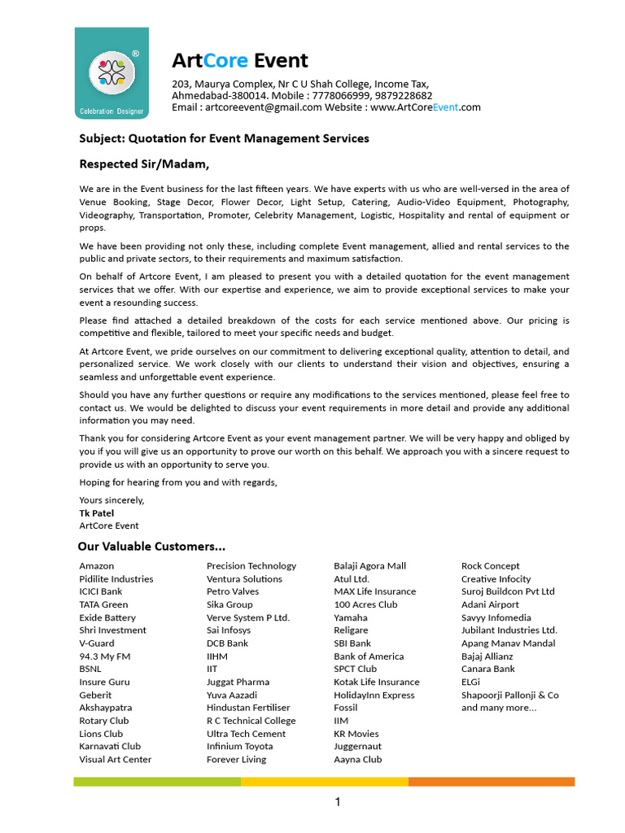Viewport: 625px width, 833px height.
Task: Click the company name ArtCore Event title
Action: pyautogui.click(x=239, y=61)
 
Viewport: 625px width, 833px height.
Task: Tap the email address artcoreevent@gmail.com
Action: pyautogui.click(x=264, y=107)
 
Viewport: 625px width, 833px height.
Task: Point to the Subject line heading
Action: pyautogui.click(x=224, y=138)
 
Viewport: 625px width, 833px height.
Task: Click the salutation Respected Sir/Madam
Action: pyautogui.click(x=144, y=164)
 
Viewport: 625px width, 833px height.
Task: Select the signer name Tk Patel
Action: pyautogui.click(x=97, y=513)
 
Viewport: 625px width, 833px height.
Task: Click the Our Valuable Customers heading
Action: pyautogui.click(x=151, y=546)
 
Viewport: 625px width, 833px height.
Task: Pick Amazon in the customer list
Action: pyautogui.click(x=97, y=565)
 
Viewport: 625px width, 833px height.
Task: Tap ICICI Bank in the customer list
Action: pyautogui.click(x=101, y=591)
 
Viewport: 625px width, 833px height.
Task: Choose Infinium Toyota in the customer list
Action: pyautogui.click(x=240, y=746)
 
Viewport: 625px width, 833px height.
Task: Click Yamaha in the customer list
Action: pyautogui.click(x=351, y=617)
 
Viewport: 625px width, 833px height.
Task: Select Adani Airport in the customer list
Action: pyautogui.click(x=490, y=604)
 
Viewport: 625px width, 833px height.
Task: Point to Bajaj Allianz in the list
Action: pyautogui.click(x=487, y=656)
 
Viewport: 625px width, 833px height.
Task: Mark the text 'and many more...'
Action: pyautogui.click(x=499, y=708)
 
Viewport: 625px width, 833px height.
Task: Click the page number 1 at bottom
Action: pyautogui.click(x=338, y=803)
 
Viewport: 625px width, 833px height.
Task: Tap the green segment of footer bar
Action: pyautogui.click(x=157, y=782)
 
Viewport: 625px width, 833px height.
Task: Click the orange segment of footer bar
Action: pyautogui.click(x=492, y=782)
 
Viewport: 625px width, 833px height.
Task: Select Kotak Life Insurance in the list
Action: pyautogui.click(x=377, y=682)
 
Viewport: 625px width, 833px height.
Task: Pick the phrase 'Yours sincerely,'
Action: pyautogui.click(x=111, y=500)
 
